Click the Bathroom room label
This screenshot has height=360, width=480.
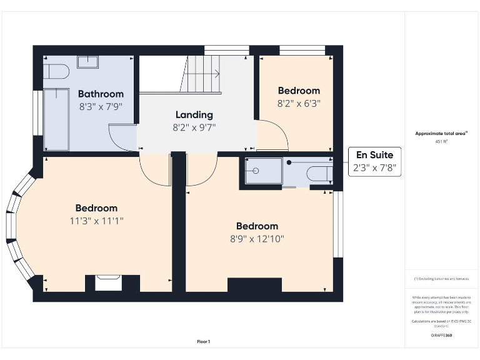[101, 94]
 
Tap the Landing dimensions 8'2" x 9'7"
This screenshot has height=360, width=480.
[194, 127]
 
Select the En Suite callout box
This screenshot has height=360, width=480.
[374, 162]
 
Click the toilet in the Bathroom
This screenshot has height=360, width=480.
[56, 72]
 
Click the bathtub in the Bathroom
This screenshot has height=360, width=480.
[56, 119]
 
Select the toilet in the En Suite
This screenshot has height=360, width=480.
[320, 172]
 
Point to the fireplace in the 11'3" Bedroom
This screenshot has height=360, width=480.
[108, 282]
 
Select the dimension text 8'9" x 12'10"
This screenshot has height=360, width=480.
[256, 239]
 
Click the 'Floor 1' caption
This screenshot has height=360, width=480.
[204, 342]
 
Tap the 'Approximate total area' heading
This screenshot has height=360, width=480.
[441, 133]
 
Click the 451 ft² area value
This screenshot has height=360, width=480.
[441, 142]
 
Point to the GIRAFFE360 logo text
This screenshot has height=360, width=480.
[441, 336]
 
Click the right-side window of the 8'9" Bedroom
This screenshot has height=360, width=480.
[337, 224]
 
